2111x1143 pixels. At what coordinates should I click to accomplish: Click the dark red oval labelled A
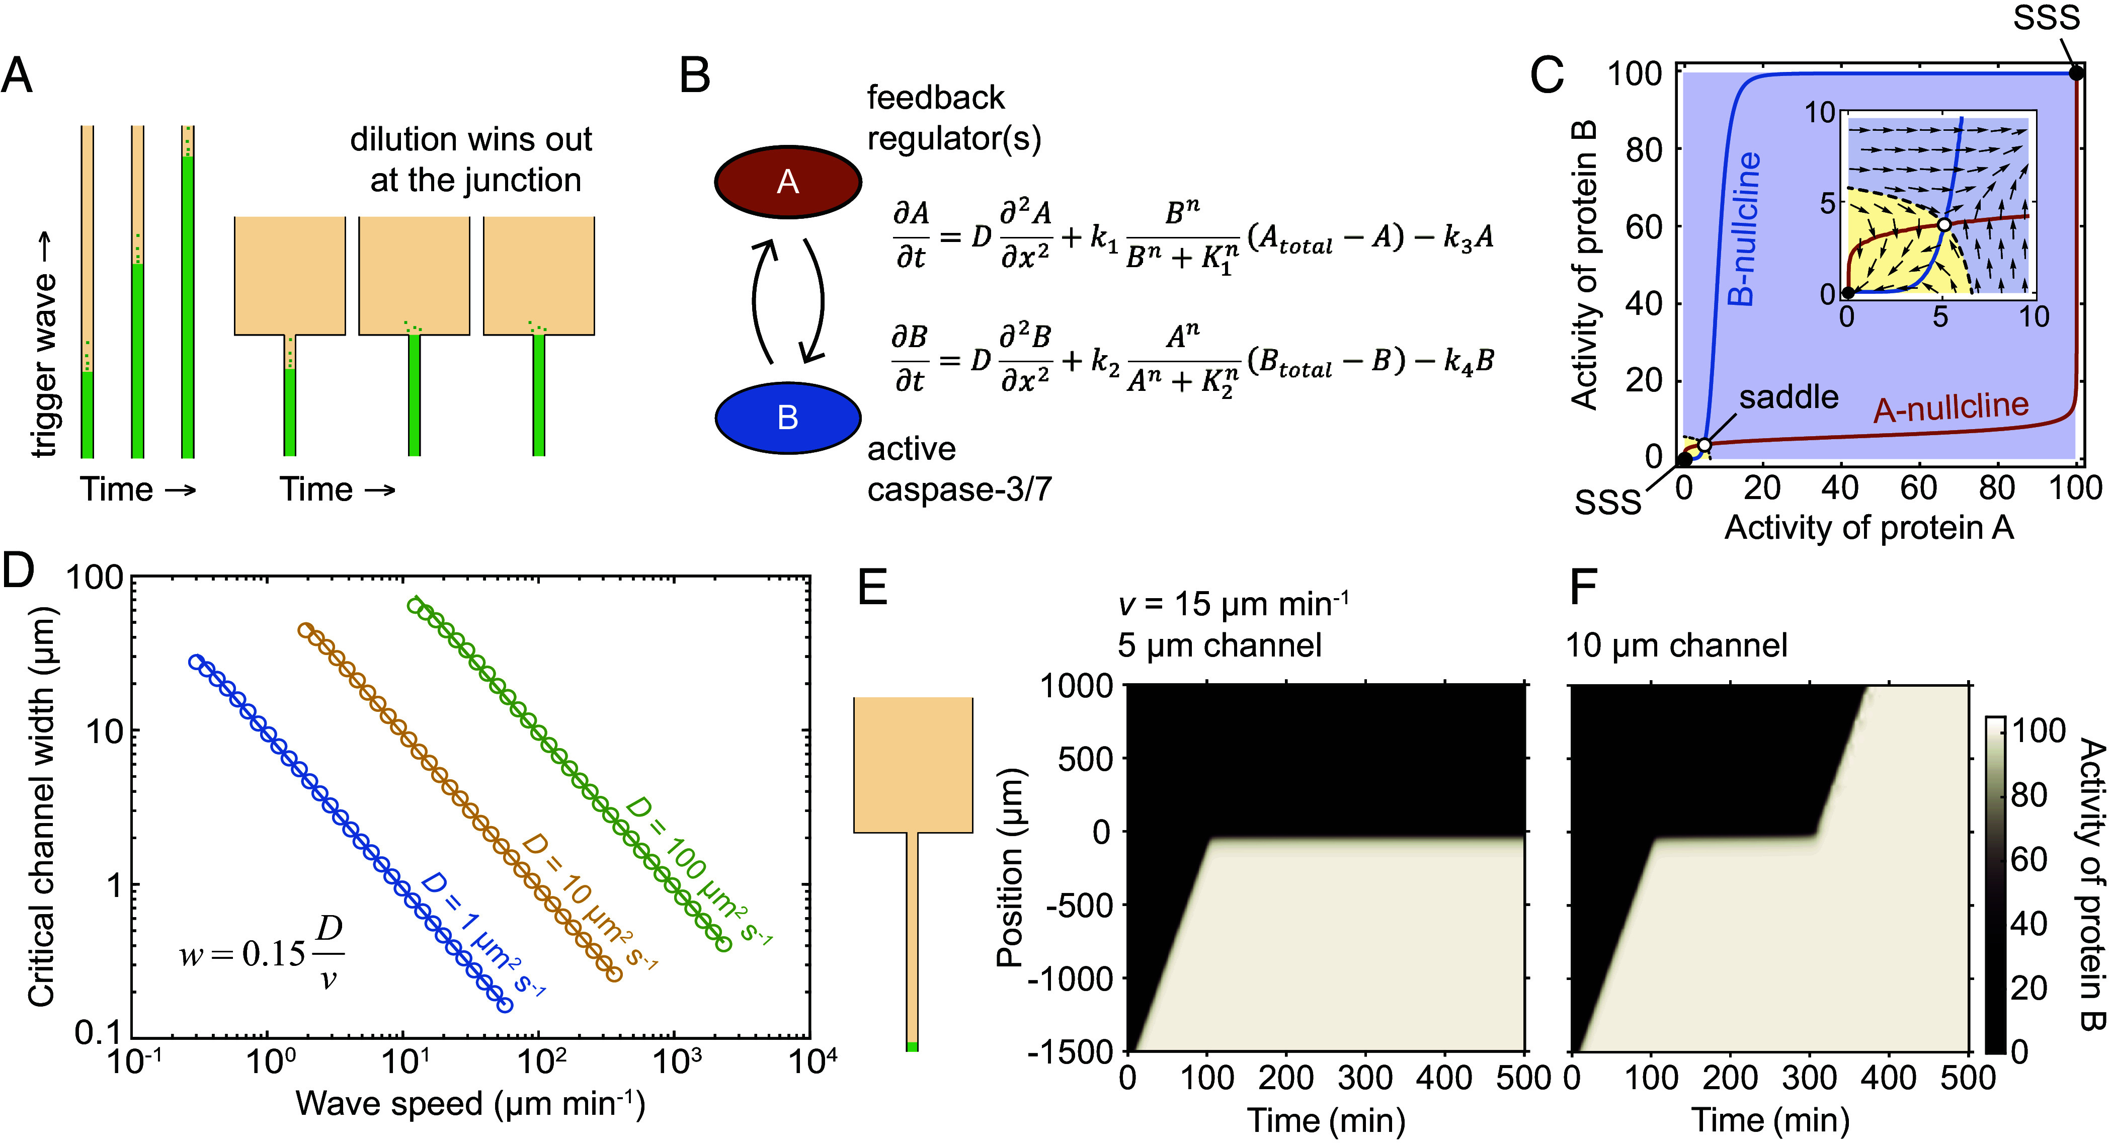click(x=787, y=181)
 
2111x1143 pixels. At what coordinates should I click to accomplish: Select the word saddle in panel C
click(x=1789, y=397)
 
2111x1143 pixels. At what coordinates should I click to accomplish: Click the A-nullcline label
click(x=1951, y=407)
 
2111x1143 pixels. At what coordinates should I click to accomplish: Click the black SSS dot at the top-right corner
click(x=2076, y=73)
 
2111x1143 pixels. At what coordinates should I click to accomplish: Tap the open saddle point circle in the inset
click(x=1944, y=224)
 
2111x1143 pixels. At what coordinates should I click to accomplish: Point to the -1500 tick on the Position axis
click(x=1070, y=1051)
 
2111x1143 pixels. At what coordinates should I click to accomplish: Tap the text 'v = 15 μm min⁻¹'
click(x=1233, y=605)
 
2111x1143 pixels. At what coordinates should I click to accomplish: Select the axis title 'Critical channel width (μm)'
click(x=40, y=806)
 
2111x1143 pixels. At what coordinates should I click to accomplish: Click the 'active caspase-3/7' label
click(x=959, y=469)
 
